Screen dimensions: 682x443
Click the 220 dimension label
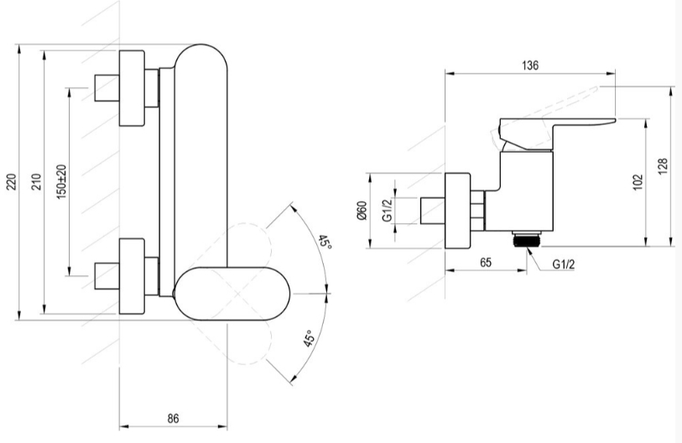coord(12,182)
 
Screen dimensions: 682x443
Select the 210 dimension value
coord(37,182)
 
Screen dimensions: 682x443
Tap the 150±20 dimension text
coord(61,182)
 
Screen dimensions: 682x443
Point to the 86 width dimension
coord(173,418)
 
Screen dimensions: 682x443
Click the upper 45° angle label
coord(325,242)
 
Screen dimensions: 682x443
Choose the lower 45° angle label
coord(309,338)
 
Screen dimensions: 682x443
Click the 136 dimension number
coord(530,65)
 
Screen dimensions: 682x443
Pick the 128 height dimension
coord(663,167)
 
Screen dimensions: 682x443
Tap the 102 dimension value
coord(638,182)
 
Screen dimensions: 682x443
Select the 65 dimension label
coord(486,263)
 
